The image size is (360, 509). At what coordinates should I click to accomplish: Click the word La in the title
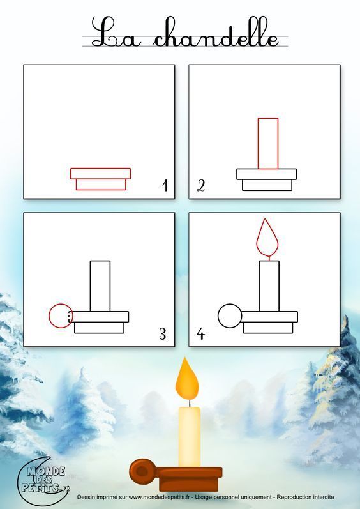click(x=116, y=32)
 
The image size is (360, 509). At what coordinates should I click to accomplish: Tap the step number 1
click(x=165, y=185)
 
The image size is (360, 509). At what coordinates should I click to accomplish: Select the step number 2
click(x=201, y=186)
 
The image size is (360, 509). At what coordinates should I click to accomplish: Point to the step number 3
click(x=163, y=334)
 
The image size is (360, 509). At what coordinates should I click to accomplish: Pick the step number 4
click(x=201, y=334)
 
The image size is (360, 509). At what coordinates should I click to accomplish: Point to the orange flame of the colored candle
click(x=187, y=380)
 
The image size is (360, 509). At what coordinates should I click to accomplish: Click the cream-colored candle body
click(x=190, y=437)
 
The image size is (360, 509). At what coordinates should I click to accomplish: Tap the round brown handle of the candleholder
click(x=143, y=471)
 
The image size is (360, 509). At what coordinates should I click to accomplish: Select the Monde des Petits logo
click(x=43, y=480)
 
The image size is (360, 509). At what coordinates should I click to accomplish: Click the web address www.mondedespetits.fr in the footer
click(x=159, y=497)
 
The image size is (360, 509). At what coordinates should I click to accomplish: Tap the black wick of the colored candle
click(x=190, y=403)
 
